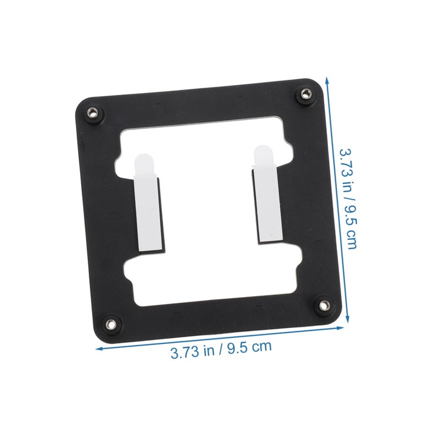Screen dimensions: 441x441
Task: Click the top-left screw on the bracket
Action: click(92, 112)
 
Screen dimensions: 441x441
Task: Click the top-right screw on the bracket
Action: click(305, 93)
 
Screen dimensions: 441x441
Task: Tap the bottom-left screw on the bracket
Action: click(111, 324)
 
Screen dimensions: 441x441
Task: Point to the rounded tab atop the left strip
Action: click(144, 165)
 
